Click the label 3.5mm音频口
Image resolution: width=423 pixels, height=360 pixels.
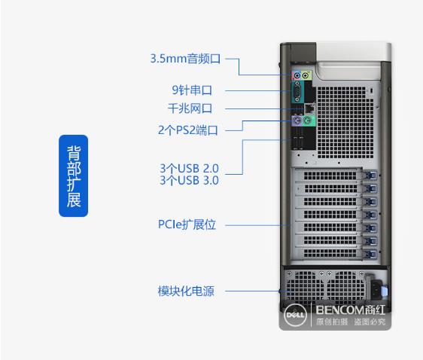[x=185, y=59]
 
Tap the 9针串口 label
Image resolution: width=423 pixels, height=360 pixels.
[x=192, y=90]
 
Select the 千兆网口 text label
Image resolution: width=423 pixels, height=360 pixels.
[x=190, y=108]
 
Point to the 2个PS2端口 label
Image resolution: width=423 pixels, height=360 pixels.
[x=187, y=130]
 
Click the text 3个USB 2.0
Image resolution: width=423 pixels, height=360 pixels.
[x=189, y=169]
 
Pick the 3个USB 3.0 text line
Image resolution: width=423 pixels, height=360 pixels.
[x=189, y=180]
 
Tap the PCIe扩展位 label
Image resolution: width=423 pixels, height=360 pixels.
[x=187, y=224]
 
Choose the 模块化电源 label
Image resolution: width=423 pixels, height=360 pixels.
[x=186, y=291]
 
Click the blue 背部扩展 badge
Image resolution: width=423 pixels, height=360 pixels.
[x=73, y=175]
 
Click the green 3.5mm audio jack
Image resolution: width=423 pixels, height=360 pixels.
[x=306, y=75]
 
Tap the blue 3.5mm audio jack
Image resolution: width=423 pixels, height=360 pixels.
[x=297, y=75]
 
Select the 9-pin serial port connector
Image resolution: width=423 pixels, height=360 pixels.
[x=297, y=92]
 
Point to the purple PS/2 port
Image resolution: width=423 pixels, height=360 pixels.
[x=297, y=120]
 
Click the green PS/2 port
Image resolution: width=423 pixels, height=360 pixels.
[x=307, y=120]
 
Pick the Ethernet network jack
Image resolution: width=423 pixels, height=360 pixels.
[x=309, y=108]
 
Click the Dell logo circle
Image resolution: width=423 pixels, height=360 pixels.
[x=295, y=315]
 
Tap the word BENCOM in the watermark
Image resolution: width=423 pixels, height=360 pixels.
[x=340, y=310]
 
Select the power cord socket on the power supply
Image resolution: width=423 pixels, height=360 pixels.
[x=376, y=288]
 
